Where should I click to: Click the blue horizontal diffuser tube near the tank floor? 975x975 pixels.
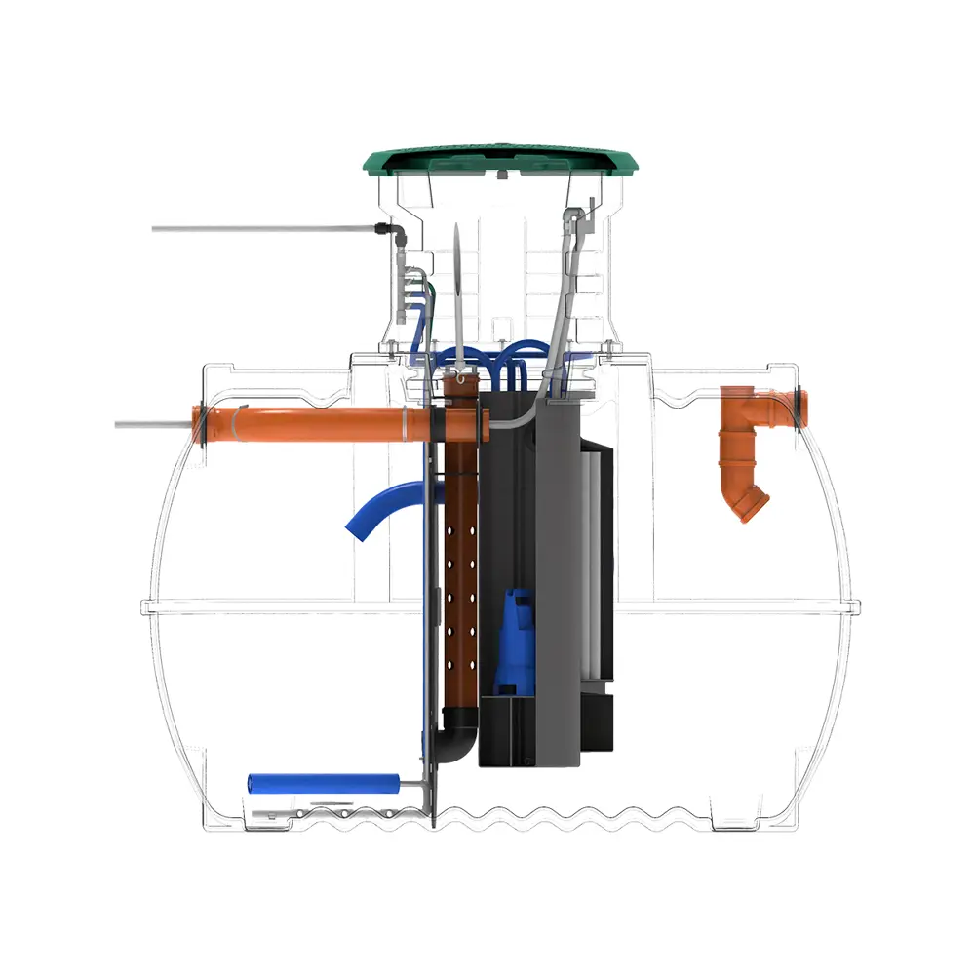322,782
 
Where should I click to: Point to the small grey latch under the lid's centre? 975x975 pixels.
499,175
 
